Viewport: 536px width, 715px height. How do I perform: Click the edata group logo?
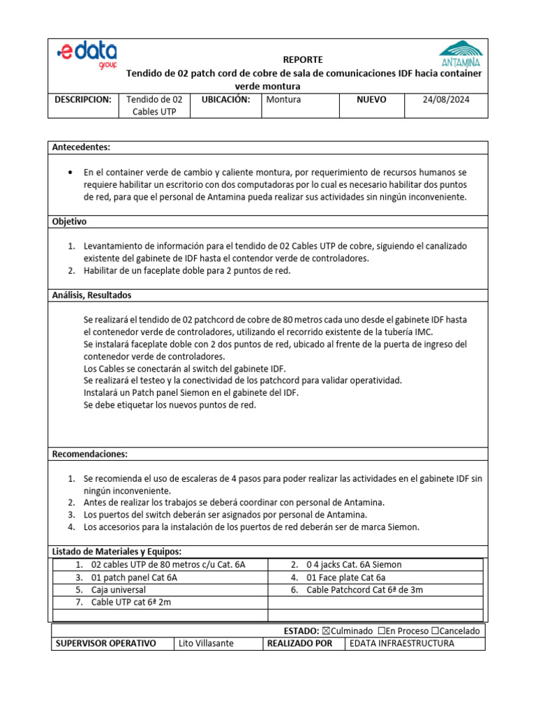[87, 55]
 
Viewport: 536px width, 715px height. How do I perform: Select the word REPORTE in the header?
[303, 60]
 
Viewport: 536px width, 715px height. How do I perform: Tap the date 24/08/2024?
[447, 100]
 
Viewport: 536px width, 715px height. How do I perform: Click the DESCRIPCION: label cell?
[83, 100]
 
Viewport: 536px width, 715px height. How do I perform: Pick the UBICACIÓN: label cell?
[225, 100]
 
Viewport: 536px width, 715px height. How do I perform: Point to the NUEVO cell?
[371, 100]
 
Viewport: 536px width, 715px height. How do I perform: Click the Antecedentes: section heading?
[82, 147]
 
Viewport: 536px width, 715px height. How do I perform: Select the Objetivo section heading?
[69, 221]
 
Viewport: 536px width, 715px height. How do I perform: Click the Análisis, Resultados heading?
[91, 295]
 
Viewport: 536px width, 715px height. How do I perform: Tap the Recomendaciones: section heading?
[90, 454]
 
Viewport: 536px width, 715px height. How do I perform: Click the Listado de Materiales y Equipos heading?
[117, 552]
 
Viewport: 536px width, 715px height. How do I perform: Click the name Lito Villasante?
[207, 643]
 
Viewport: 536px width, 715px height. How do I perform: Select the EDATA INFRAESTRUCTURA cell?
[401, 643]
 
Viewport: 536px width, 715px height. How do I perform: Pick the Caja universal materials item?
[119, 590]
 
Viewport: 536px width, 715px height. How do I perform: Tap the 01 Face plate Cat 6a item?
[345, 577]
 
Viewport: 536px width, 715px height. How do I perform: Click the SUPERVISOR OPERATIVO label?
[105, 643]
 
